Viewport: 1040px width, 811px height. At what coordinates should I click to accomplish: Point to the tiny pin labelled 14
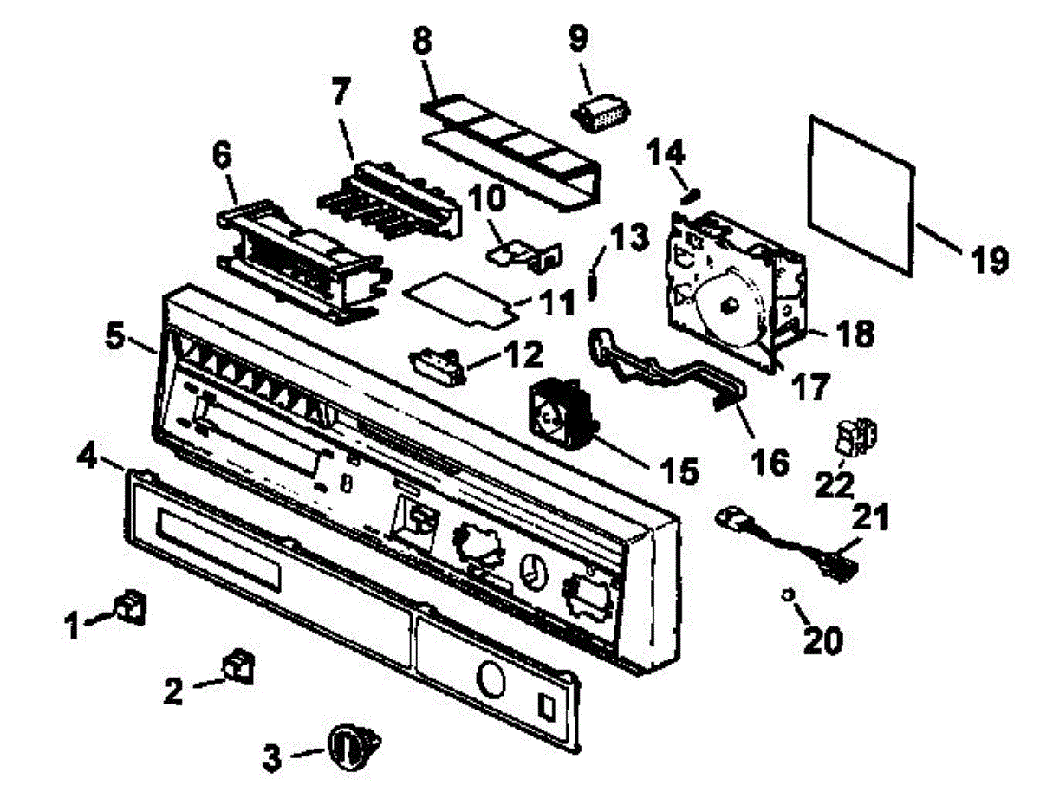tap(689, 196)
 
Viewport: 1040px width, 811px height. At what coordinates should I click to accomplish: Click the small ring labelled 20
tap(788, 595)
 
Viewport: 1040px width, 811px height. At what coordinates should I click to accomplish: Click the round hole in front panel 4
tap(491, 678)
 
